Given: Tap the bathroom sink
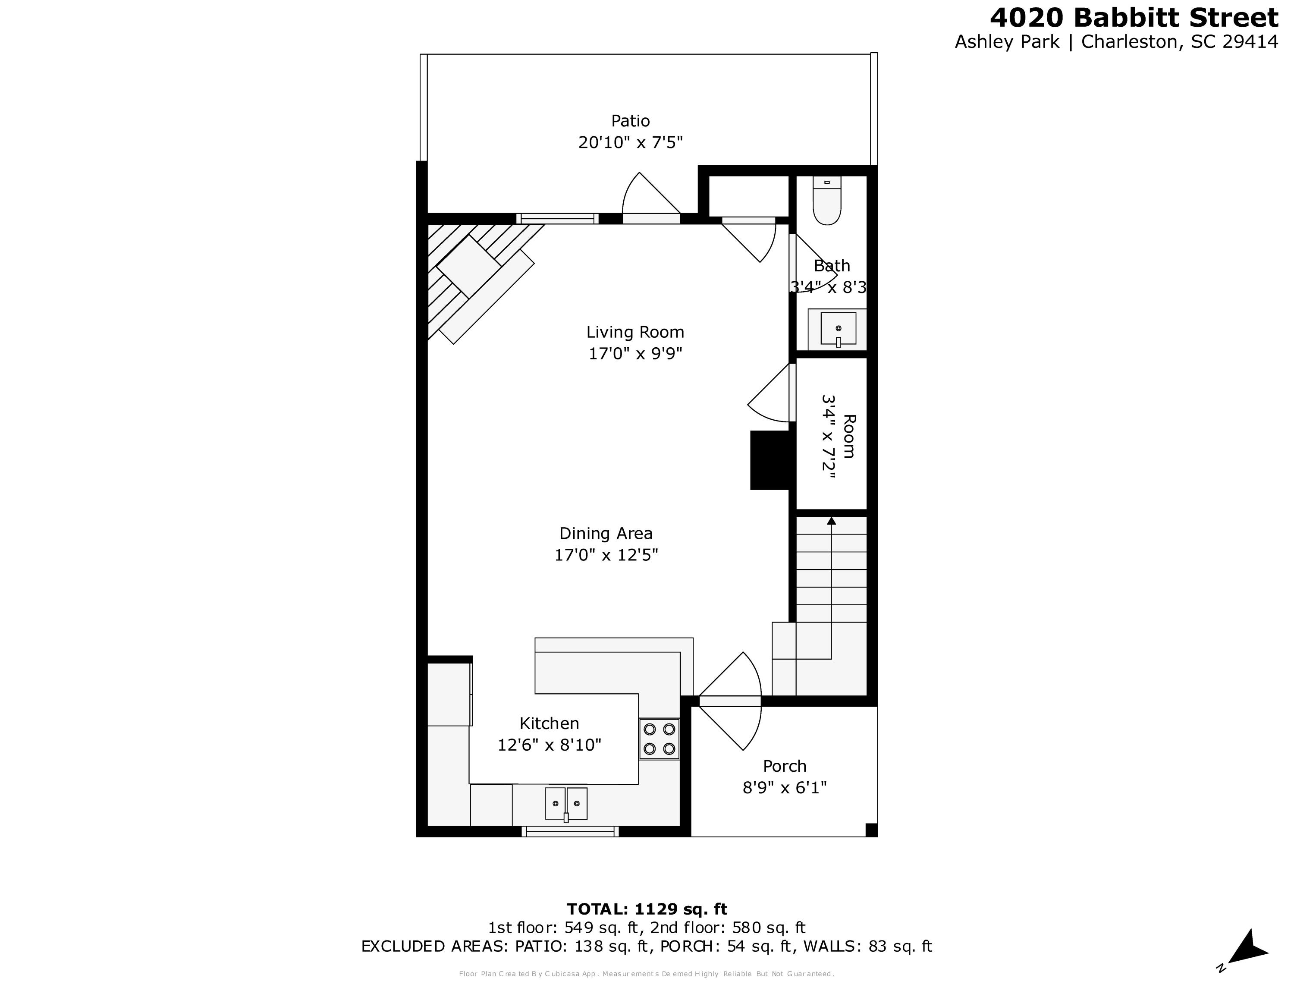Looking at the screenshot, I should (x=838, y=329).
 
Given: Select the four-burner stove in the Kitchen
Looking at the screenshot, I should (x=659, y=739).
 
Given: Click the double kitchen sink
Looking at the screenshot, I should (x=566, y=803).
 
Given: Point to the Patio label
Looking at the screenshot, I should (x=631, y=121).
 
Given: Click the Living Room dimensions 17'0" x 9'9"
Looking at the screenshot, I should (x=635, y=354).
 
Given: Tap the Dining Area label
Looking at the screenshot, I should (x=606, y=533).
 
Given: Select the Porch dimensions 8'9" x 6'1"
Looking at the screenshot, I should (x=785, y=787).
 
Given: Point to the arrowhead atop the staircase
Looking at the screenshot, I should (x=831, y=521).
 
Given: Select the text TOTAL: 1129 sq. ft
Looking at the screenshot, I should (x=647, y=909).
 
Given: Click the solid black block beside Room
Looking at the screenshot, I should (x=770, y=460).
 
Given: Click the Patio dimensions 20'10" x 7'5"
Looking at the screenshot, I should (x=631, y=142).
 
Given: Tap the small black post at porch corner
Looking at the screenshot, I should (x=871, y=830).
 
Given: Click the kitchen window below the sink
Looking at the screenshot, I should (x=570, y=832).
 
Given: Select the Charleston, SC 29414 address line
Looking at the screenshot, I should (x=1116, y=42).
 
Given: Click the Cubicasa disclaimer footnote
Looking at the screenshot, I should (x=647, y=973).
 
